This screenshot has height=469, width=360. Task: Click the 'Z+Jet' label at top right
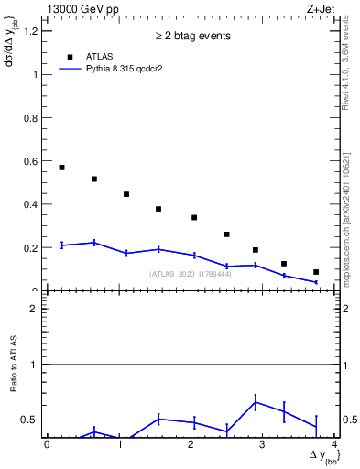coord(322,8)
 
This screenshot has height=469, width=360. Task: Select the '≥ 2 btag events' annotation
coord(191,37)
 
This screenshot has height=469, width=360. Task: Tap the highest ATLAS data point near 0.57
coord(61,168)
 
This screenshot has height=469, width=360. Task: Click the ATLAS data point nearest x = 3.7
coord(316,272)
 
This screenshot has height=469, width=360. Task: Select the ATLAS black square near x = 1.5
coord(158,209)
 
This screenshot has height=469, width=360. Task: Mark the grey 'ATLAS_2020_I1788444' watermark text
coord(191,274)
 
